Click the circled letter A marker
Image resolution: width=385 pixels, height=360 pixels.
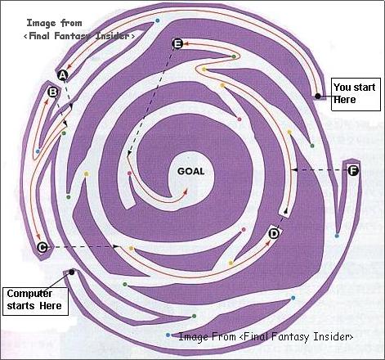click(63, 74)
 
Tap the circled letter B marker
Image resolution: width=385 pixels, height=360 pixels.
click(52, 92)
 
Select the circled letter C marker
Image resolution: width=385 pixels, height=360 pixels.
click(43, 247)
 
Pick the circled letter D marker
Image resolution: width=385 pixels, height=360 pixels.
click(274, 234)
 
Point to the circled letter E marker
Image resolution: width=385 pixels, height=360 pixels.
click(177, 43)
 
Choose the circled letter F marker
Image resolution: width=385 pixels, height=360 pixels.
click(353, 171)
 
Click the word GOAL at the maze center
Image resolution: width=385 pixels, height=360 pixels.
click(190, 171)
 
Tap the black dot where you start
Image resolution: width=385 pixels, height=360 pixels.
click(317, 96)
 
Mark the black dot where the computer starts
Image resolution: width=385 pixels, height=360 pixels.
click(72, 272)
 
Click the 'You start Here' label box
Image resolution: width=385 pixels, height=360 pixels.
click(356, 94)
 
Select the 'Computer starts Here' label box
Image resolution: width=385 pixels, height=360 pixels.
click(35, 301)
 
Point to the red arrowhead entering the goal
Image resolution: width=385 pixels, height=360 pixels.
click(186, 191)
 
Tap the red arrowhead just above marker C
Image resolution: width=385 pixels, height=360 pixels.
click(38, 236)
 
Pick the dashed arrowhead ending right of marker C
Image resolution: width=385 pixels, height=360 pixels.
click(116, 246)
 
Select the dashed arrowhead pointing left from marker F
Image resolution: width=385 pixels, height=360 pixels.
click(293, 170)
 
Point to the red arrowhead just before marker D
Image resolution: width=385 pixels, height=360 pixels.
click(268, 242)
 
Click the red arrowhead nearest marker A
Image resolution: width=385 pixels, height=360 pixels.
click(69, 65)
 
